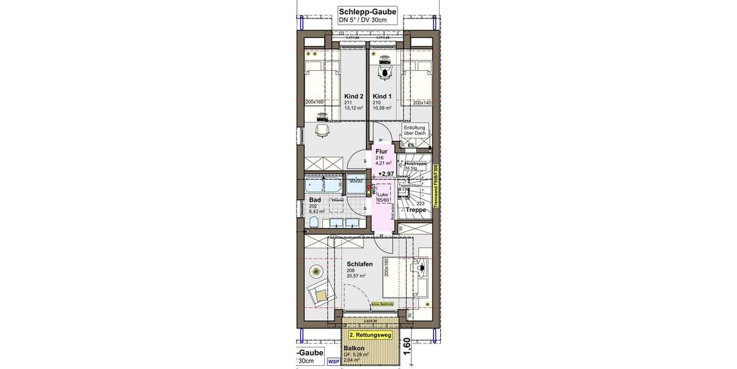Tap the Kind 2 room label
tap(354, 97)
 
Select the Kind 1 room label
tap(381, 97)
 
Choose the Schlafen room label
tap(360, 264)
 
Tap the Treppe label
tap(416, 210)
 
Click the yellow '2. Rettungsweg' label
tap(370, 336)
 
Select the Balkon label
tap(354, 348)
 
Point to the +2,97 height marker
tap(386, 174)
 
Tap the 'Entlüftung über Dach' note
tap(415, 130)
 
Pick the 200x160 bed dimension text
tap(316, 102)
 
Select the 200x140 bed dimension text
tap(423, 103)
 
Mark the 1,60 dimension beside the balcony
tap(407, 349)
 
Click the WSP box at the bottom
tap(333, 362)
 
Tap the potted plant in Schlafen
tap(316, 271)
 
